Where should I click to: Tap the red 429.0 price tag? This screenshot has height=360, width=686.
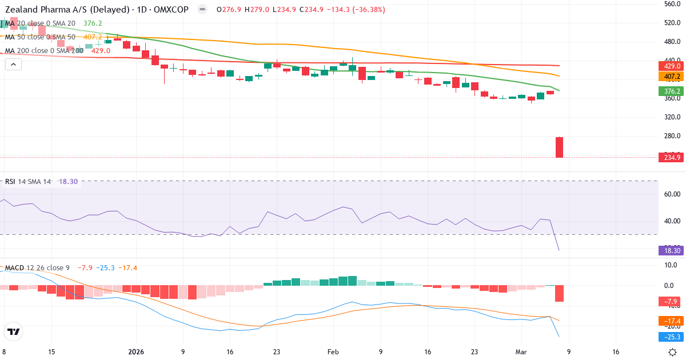[672, 66]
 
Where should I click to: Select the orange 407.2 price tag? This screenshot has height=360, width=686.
[672, 76]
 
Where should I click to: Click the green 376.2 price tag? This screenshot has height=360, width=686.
[672, 91]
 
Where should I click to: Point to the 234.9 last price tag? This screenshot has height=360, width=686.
[672, 158]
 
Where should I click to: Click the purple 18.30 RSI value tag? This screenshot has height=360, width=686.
[672, 250]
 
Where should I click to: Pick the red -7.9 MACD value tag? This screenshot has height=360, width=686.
[672, 302]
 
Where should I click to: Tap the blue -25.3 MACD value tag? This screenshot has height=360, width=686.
[672, 337]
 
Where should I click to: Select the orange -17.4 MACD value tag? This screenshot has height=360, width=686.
[672, 321]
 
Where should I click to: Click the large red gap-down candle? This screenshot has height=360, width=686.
[559, 147]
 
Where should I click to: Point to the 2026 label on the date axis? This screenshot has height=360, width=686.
[136, 352]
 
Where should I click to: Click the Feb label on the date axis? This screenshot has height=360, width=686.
[333, 352]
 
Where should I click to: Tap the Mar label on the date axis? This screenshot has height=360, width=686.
[521, 352]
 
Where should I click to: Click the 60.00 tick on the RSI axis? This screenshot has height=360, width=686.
[672, 194]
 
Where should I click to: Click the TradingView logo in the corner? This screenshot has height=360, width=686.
[14, 331]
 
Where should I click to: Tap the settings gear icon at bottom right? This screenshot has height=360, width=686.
[673, 352]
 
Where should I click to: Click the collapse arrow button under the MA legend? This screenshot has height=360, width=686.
[13, 65]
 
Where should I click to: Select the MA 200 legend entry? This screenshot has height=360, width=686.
[45, 50]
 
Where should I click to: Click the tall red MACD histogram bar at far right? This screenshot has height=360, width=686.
[559, 293]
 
